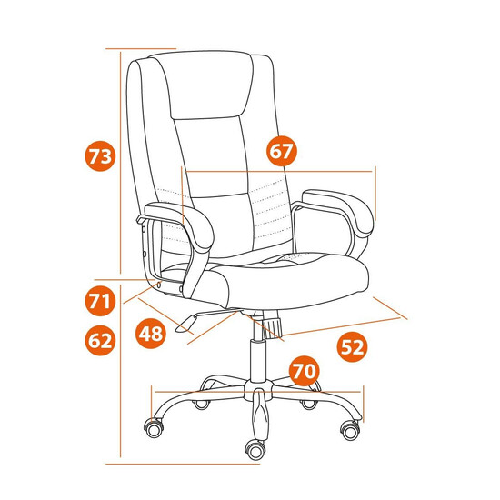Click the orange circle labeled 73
click(x=100, y=156)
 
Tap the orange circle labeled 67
click(x=282, y=151)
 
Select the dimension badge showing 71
click(x=100, y=301)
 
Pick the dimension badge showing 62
click(x=100, y=340)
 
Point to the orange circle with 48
click(x=151, y=334)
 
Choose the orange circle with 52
click(x=353, y=346)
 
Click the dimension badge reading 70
click(x=305, y=371)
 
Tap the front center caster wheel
click(x=255, y=450)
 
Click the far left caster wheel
click(x=154, y=428)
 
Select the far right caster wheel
click(x=350, y=429)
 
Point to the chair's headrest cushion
click(x=209, y=85)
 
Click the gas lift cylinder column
click(x=258, y=360)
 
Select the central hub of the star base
click(x=258, y=389)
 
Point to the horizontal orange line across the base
click(x=257, y=391)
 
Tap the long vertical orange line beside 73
click(x=121, y=163)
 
